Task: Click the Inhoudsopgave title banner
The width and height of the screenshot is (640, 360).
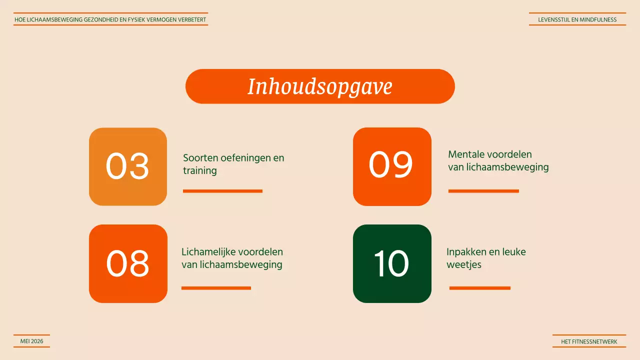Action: click(320, 86)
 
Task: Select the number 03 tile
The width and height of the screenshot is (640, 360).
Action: click(128, 166)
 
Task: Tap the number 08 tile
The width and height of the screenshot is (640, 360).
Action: click(128, 263)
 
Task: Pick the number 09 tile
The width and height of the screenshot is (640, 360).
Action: click(392, 166)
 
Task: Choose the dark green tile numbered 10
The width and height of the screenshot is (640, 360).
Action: click(392, 263)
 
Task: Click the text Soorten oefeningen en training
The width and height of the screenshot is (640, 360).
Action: click(233, 164)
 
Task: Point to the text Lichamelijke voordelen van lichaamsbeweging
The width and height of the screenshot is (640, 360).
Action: click(232, 258)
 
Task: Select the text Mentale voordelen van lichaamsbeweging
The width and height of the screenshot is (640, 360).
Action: click(498, 160)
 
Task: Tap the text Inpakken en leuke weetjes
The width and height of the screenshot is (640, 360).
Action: click(485, 258)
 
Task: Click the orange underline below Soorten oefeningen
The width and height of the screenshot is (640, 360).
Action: click(222, 191)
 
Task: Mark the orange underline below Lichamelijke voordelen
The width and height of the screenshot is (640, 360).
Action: click(216, 288)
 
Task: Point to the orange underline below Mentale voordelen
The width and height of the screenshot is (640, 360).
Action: click(483, 191)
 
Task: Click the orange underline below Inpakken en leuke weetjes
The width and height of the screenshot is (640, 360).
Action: click(479, 288)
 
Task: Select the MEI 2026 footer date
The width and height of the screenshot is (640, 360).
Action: click(31, 341)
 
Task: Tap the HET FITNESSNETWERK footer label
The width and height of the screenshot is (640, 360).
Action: click(589, 342)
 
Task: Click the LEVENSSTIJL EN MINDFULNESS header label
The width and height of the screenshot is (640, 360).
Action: click(577, 20)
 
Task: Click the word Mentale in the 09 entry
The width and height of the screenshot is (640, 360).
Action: click(465, 154)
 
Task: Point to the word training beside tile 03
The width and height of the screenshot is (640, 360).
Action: click(199, 170)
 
